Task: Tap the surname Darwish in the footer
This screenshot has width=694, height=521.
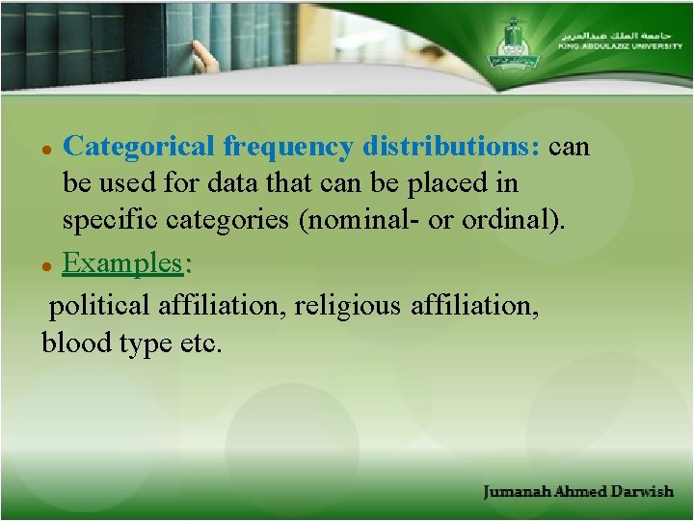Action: pos(643,492)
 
